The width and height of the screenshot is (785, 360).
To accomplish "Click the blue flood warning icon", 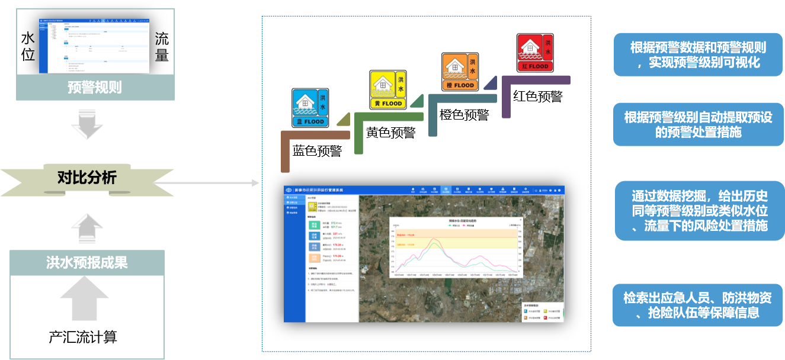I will tap(310, 108).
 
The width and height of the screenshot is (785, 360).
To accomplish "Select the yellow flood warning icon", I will tap(388, 89).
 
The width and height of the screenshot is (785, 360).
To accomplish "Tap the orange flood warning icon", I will tap(460, 71).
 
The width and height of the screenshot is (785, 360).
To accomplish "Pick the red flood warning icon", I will tap(534, 52).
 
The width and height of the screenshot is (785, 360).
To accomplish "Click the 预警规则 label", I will tap(95, 88).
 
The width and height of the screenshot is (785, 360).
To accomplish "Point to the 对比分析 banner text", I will tap(87, 177).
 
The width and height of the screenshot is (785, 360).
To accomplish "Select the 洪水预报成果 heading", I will tap(87, 262).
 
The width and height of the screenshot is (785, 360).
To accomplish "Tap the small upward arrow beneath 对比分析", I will tap(87, 227).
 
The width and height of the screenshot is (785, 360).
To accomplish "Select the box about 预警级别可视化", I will tap(698, 54).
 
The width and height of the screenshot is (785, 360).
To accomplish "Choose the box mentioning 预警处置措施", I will tap(698, 124).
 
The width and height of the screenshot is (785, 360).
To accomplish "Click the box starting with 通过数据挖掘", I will tap(699, 210).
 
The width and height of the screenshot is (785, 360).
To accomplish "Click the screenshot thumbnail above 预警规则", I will tap(95, 41).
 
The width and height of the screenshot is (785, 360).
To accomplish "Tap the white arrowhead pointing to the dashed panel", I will tap(256, 183).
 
